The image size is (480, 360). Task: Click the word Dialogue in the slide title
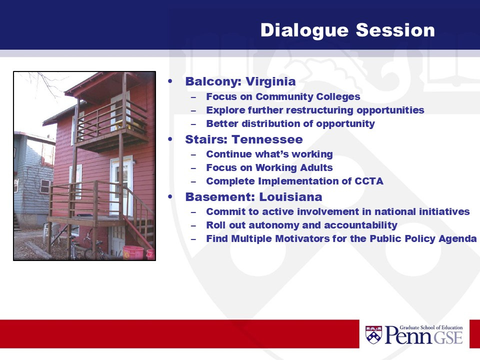pos(304,30)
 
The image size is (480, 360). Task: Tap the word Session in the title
pos(395,30)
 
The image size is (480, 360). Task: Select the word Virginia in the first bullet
pos(270,81)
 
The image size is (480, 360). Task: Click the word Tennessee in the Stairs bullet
pos(267,139)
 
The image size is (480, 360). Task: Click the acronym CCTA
pos(369,181)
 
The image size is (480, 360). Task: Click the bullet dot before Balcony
pos(170,81)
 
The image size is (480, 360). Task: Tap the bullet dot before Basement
pos(170,197)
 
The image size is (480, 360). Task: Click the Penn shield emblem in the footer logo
pos(373,334)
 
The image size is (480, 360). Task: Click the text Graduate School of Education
pos(431,327)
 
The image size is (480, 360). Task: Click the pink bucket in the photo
pos(133,252)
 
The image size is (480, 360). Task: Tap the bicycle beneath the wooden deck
pos(94,246)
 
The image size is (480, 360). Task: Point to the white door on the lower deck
pos(121,185)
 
